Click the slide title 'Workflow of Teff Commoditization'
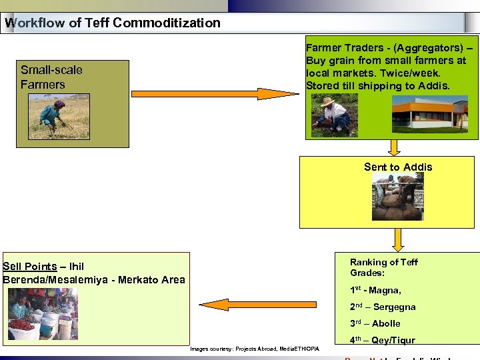tap(112, 23)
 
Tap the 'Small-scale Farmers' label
tap(51, 77)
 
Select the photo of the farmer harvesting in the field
tap(59, 115)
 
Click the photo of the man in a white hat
tap(335, 115)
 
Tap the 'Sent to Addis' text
tap(398, 167)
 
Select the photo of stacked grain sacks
tap(398, 197)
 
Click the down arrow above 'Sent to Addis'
tap(395, 147)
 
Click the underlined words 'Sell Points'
tap(30, 267)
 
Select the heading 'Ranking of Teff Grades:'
tap(384, 267)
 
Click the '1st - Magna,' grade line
tap(375, 291)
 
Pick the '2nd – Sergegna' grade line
tap(383, 307)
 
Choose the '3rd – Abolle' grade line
tap(375, 324)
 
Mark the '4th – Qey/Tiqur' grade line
tap(383, 341)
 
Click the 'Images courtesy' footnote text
tap(254, 349)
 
